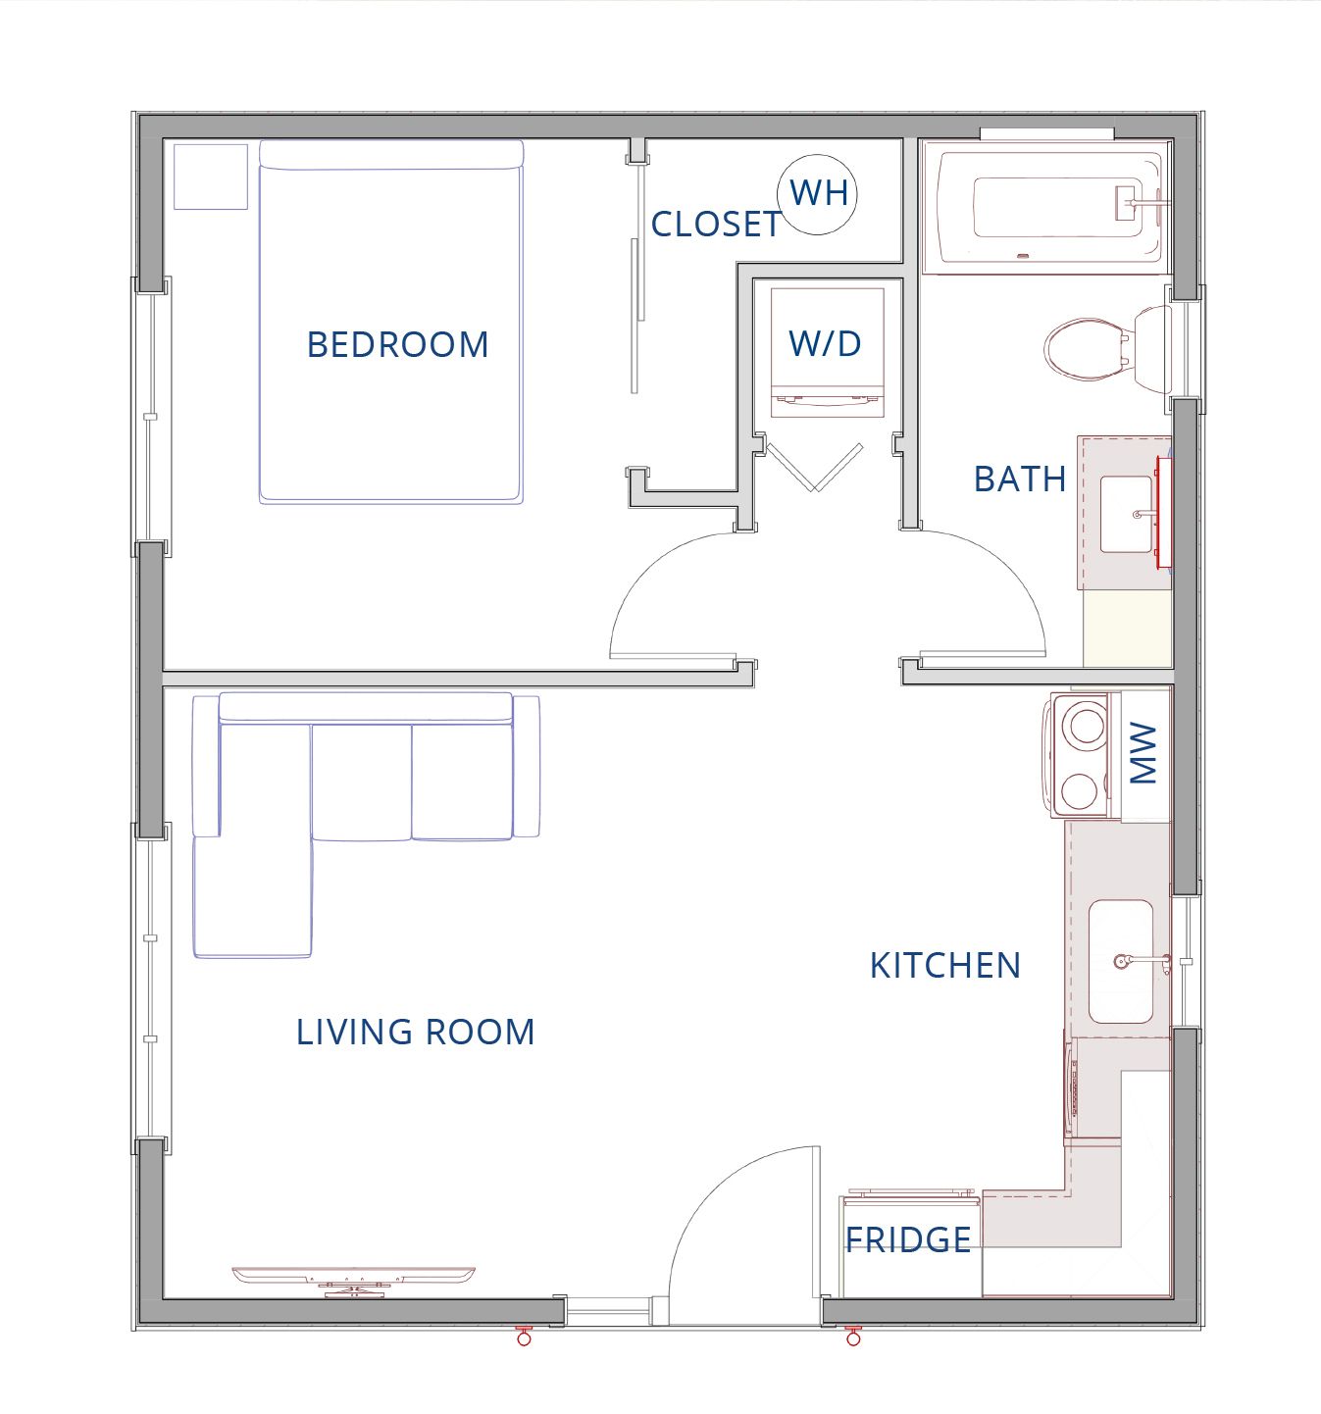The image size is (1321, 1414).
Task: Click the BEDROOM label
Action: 397,344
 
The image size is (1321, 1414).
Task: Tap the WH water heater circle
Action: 818,194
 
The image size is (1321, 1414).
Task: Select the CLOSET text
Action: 717,225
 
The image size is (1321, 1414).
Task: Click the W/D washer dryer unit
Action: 827,352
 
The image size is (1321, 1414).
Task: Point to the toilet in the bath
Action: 1106,350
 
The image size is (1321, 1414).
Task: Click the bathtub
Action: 1046,207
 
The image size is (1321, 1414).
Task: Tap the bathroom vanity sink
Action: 1126,514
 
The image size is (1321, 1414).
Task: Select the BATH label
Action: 1020,480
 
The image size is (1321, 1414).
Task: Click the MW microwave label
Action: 1143,753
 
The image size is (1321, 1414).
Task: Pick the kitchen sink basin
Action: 1120,961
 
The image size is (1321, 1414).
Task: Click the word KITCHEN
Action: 945,966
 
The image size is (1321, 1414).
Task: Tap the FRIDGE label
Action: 908,1239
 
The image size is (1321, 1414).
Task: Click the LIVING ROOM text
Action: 415,1033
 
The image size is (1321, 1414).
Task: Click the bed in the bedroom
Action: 391,323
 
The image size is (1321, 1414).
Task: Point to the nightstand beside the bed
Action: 211,177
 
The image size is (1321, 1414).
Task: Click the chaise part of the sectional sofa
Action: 252,896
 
